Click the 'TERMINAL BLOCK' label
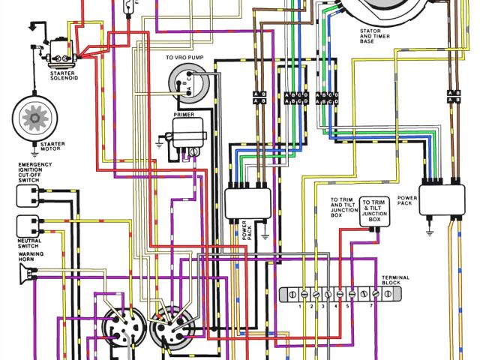(394, 280)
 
